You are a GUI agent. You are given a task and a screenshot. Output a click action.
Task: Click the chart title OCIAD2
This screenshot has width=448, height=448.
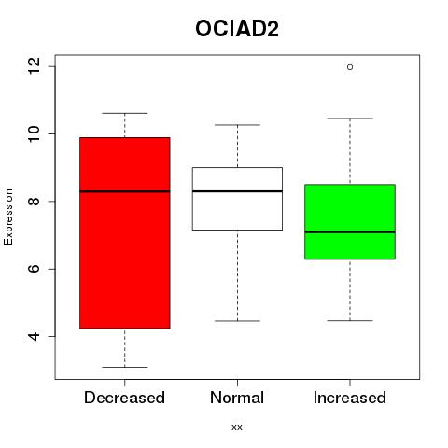coord(237,29)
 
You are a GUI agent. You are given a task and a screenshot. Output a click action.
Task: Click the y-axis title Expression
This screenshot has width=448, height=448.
coord(8,217)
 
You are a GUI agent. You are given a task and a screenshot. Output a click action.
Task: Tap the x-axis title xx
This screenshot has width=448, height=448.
coord(237,427)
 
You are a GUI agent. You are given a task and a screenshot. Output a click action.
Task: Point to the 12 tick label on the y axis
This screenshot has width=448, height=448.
coord(34,66)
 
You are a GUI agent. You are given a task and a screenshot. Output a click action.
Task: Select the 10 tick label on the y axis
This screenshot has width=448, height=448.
coord(34,133)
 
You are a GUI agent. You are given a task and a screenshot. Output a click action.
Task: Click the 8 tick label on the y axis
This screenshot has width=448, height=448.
coord(34,202)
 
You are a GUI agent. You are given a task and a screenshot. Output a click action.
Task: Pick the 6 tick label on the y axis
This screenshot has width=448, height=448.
coord(34,269)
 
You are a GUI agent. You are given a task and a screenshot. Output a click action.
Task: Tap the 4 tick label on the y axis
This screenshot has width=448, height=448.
coord(34,336)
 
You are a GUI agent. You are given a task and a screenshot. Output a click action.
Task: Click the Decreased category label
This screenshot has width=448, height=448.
coord(124,398)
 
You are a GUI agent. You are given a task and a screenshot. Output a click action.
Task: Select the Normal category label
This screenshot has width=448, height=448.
coord(237,398)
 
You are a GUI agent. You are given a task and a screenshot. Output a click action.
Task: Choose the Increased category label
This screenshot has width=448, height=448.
coord(350,398)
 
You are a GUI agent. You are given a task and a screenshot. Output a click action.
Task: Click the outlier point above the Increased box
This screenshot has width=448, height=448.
coord(350,67)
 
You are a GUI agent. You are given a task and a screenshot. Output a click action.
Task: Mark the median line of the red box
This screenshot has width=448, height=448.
coord(125,191)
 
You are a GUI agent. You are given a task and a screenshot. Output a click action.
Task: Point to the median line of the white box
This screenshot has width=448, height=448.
coord(237,191)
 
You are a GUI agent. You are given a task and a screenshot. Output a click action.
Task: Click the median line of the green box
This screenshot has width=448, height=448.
coord(350,232)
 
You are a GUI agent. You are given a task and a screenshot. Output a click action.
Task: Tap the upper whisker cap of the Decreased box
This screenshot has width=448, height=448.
coord(125,113)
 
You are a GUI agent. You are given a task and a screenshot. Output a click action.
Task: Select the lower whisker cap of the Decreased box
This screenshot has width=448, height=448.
coord(125,367)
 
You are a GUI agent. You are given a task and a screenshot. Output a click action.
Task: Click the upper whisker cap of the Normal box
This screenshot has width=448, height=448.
coord(237,125)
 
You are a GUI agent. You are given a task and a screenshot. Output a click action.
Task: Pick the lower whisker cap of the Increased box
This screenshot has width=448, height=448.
coord(350,320)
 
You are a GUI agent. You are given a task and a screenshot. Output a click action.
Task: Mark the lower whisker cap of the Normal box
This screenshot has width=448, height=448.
coord(237,321)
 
